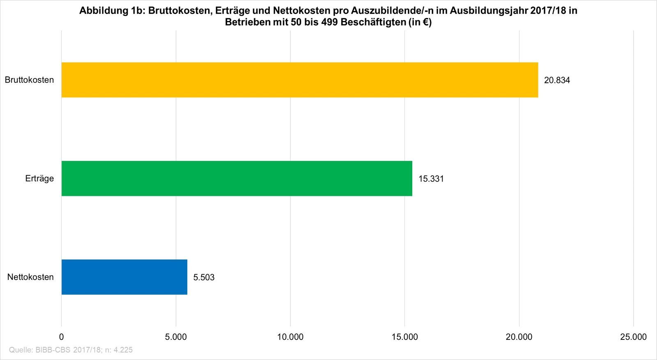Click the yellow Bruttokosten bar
(300, 80)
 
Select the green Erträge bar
(237, 179)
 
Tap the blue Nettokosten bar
(124, 277)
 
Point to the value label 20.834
(557, 80)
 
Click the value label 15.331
(431, 179)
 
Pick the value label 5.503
(204, 277)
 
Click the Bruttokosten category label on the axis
(29, 80)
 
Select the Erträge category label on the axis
(40, 179)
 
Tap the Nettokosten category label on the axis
(30, 277)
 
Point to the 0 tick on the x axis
(62, 337)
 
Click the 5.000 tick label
(176, 337)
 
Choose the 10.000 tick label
(290, 337)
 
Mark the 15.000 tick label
(404, 337)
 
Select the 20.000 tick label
(519, 337)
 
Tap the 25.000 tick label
(633, 337)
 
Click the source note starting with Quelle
(71, 350)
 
